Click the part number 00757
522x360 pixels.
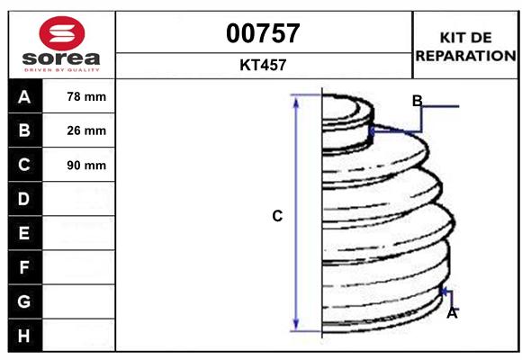263,33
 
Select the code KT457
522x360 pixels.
263,65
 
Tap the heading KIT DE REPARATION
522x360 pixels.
464,46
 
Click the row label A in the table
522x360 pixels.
24,96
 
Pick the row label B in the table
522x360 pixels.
24,130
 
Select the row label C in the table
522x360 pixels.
24,165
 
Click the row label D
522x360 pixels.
24,198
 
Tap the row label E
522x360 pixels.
24,233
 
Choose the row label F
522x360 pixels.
24,266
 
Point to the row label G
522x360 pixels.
24,301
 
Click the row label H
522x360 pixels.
24,335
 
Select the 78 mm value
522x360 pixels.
86,96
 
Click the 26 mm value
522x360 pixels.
86,130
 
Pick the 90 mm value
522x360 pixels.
86,165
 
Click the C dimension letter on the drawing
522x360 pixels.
277,216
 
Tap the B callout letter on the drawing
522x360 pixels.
418,101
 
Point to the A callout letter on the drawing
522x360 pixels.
452,313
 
